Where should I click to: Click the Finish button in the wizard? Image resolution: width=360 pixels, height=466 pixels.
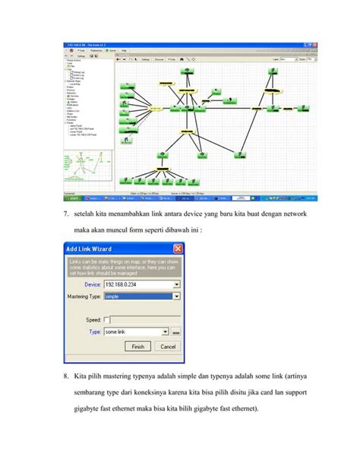click(137, 346)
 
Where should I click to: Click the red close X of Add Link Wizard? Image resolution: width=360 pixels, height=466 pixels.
click(178, 249)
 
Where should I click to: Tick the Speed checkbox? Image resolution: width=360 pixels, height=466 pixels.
click(106, 319)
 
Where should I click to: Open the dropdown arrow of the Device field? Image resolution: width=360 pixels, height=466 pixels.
click(176, 284)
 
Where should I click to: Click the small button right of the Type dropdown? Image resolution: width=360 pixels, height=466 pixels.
click(176, 332)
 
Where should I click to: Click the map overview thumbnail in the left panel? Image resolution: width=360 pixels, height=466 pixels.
click(84, 170)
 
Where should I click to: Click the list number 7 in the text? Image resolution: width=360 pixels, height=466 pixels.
click(65, 215)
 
